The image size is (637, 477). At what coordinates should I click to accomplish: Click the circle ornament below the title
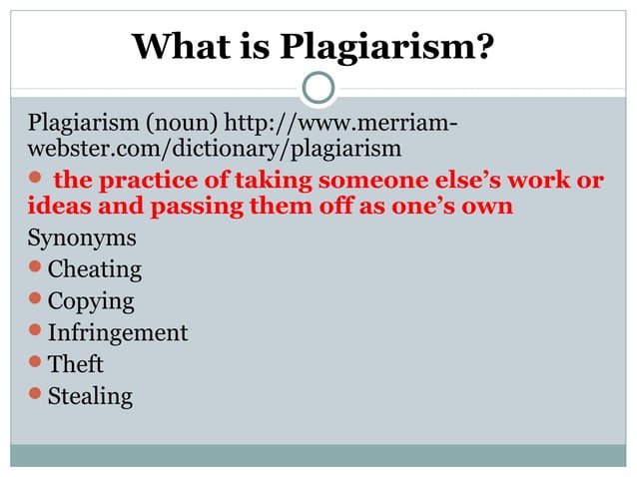(318, 88)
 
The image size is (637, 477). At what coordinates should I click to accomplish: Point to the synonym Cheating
(95, 268)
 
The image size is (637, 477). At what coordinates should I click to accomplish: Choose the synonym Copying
(91, 300)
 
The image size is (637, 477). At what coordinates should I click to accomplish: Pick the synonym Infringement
(118, 332)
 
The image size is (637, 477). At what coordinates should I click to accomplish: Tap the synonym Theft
(76, 364)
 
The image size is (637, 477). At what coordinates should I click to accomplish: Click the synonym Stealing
(90, 396)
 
